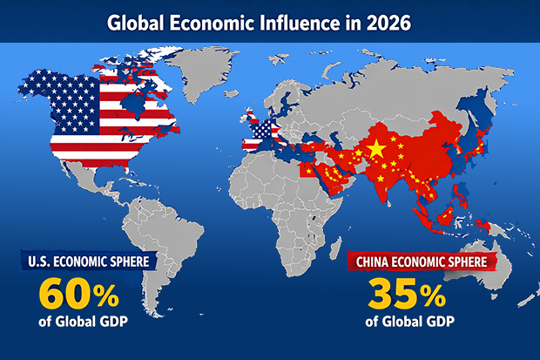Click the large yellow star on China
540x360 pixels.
click(376, 150)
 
